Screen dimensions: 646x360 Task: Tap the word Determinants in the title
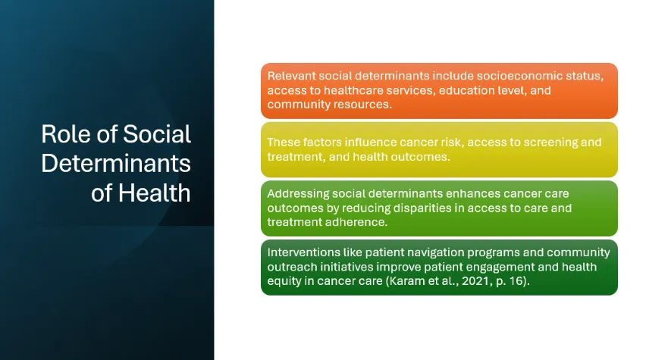(x=116, y=164)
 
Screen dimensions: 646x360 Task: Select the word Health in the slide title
(x=155, y=193)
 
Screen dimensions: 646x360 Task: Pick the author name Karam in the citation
(x=406, y=281)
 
